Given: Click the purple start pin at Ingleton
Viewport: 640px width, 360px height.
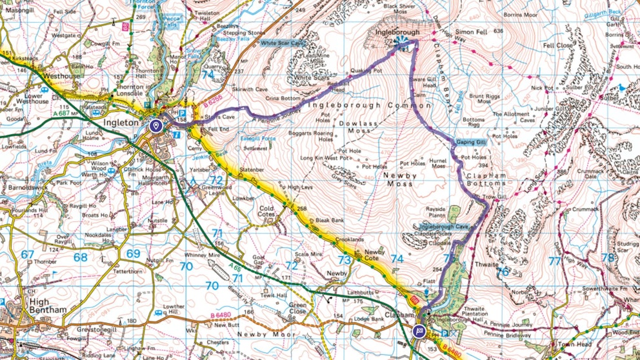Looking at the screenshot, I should [x=155, y=126].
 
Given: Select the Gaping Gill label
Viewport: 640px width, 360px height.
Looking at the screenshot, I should [x=471, y=141].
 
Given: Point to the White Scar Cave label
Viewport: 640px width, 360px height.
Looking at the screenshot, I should [x=281, y=43].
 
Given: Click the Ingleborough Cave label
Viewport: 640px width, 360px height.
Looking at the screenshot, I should [x=443, y=227].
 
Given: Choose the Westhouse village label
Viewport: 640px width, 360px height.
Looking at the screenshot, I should [x=61, y=75].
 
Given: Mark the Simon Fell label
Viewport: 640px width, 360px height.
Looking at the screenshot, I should [x=471, y=31].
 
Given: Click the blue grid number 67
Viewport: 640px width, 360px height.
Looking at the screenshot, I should [x=27, y=255].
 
